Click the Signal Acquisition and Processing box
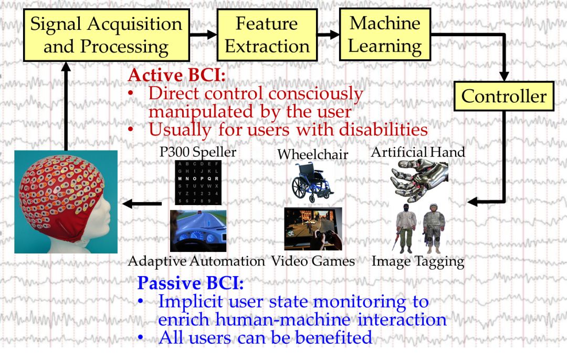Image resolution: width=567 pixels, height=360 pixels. (106, 35)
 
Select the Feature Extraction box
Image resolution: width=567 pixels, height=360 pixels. (267, 35)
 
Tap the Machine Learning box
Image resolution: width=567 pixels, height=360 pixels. (385, 35)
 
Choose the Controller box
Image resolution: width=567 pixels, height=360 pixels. (503, 96)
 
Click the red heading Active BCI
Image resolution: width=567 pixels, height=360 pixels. (176, 75)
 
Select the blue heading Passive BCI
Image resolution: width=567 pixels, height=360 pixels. (190, 284)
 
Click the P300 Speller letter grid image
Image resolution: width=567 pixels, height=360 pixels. (198, 182)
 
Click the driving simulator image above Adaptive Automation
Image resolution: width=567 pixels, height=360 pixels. (198, 230)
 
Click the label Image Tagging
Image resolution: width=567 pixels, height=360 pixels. (418, 261)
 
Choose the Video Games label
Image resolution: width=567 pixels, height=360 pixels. (313, 261)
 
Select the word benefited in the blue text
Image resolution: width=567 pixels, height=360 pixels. (334, 337)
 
